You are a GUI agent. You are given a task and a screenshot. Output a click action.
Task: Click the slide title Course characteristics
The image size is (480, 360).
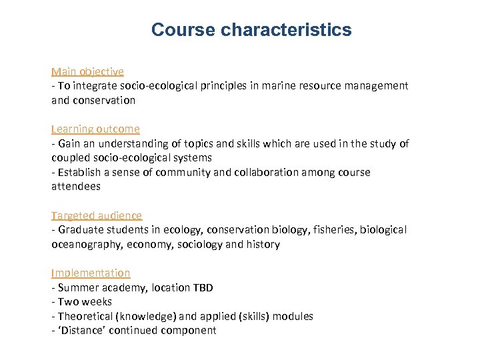click(251, 30)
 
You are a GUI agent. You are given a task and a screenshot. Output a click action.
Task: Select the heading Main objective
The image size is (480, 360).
click(87, 71)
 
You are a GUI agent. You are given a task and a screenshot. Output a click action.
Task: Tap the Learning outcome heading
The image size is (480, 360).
click(95, 129)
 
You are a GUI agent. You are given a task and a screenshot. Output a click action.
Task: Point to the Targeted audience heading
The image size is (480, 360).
click(97, 215)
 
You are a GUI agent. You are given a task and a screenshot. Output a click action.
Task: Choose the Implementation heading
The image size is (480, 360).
click(91, 273)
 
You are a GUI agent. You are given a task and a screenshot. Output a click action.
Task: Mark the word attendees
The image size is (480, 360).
click(76, 187)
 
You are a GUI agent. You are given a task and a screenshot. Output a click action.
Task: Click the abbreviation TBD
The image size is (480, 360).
click(203, 287)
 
